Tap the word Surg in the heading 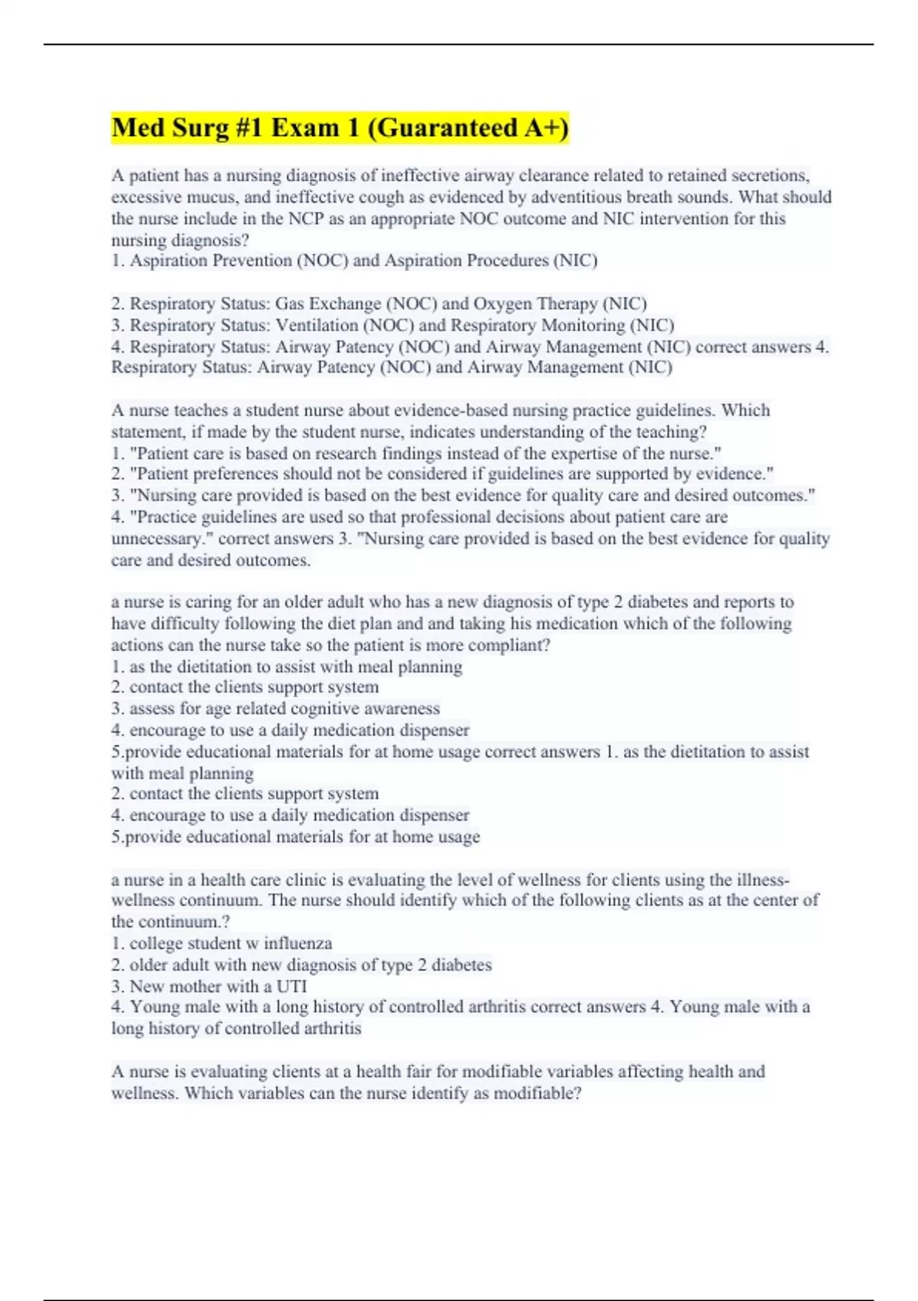(201, 128)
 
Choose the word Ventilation (317, 325)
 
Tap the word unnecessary (161, 539)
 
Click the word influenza (298, 944)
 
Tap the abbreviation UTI (291, 986)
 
